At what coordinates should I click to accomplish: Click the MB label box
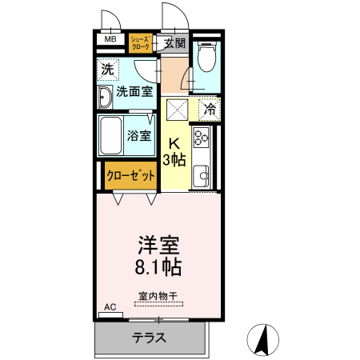(110, 39)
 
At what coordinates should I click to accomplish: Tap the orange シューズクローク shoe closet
(140, 43)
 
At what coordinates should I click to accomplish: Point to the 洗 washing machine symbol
(107, 70)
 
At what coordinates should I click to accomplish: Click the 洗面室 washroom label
(135, 91)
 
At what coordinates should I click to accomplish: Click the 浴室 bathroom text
(139, 135)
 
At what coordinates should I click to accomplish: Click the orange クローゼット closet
(130, 176)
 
